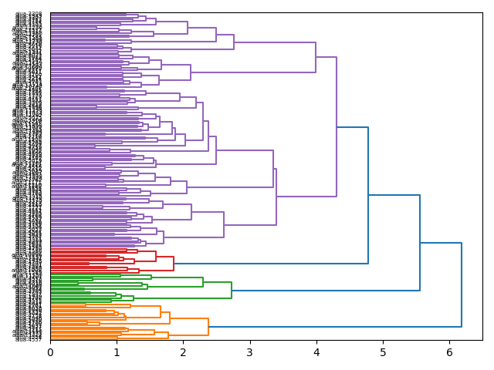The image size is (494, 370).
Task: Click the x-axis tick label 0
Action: click(50, 352)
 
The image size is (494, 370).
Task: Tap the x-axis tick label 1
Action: click(117, 352)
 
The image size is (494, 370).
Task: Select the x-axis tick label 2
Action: click(183, 352)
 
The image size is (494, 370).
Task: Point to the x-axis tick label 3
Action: click(249, 352)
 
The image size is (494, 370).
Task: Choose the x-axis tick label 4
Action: click(316, 352)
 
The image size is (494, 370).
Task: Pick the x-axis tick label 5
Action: click(382, 352)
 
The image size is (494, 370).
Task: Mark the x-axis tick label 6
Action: click(449, 352)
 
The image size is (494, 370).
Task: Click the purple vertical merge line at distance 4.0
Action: click(316, 58)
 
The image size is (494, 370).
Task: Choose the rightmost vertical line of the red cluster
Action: click(174, 264)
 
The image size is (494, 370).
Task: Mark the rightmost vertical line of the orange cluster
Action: click(208, 327)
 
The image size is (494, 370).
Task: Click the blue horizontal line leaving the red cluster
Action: click(270, 264)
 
